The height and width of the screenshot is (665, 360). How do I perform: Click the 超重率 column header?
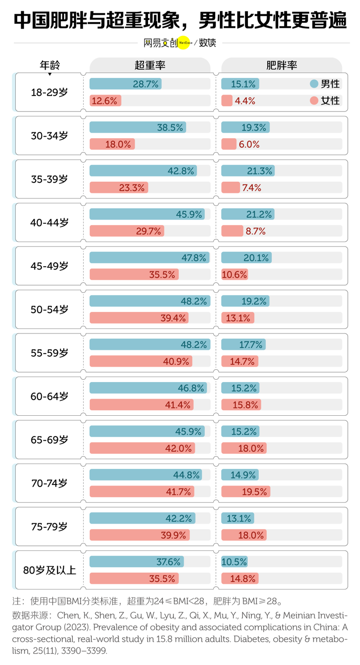pyautogui.click(x=150, y=65)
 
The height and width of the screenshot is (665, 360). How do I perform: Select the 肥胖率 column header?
pyautogui.click(x=281, y=65)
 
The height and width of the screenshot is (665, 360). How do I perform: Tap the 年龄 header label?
pyautogui.click(x=49, y=65)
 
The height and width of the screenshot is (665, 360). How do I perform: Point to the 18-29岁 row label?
pyautogui.click(x=49, y=92)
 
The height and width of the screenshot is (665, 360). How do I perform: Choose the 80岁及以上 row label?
pyautogui.click(x=49, y=570)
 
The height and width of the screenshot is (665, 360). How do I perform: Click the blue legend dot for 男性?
pyautogui.click(x=314, y=84)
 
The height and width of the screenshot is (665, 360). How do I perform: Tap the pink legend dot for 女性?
pyautogui.click(x=314, y=100)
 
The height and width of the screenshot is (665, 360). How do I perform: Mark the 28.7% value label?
pyautogui.click(x=145, y=84)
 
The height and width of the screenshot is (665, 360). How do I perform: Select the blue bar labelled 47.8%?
pyautogui.click(x=149, y=257)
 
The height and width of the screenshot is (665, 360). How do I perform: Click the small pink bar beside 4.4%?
pyautogui.click(x=227, y=100)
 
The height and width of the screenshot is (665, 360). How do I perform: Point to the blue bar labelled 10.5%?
pyautogui.click(x=234, y=562)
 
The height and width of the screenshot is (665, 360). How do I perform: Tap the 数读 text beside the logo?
pyautogui.click(x=207, y=43)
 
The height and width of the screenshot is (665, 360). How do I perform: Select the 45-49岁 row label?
pyautogui.click(x=49, y=266)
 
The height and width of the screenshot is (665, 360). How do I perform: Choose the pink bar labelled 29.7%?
pyautogui.click(x=126, y=231)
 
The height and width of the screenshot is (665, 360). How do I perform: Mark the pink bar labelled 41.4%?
pyautogui.click(x=141, y=404)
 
